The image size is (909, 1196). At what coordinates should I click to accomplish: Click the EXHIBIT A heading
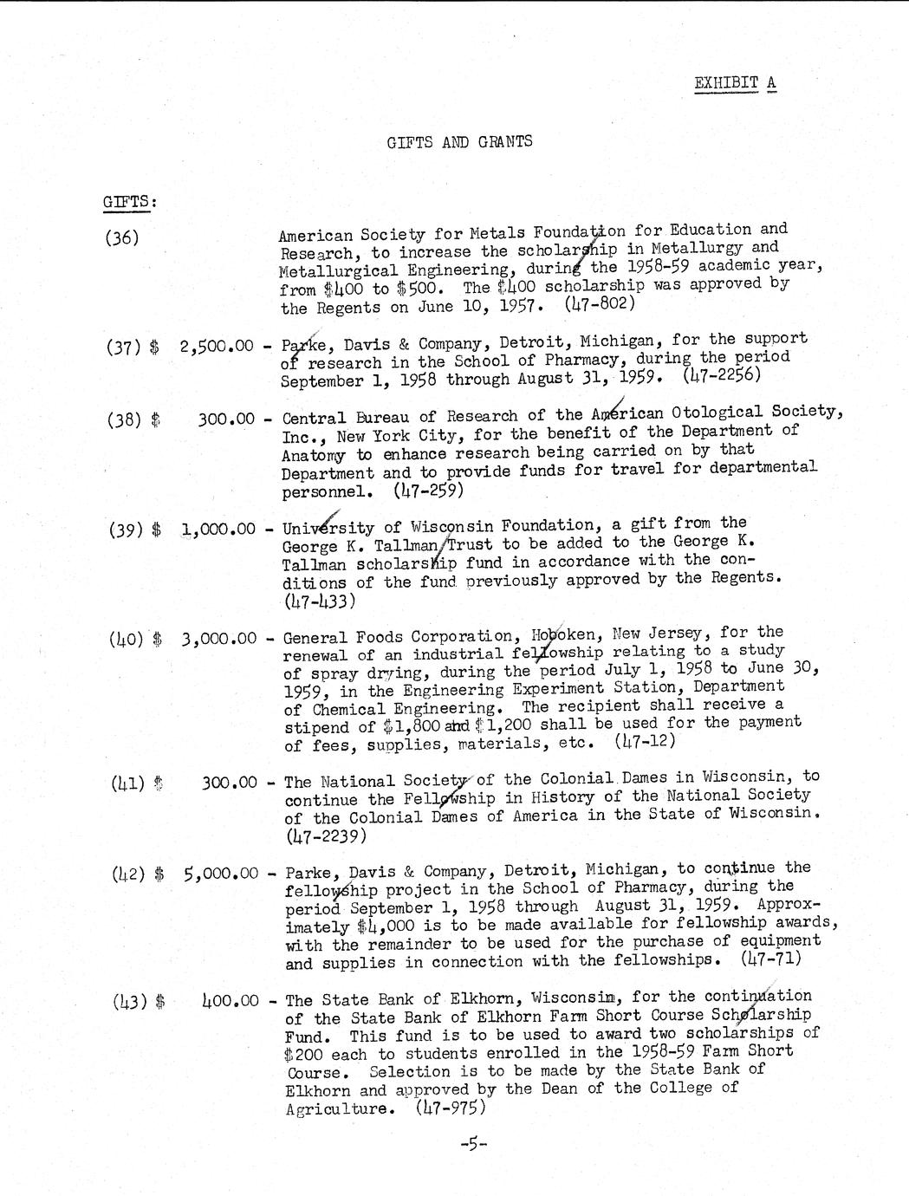tap(735, 83)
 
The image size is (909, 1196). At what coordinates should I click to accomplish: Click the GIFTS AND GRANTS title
tap(459, 142)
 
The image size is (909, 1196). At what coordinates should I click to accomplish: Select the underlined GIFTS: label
tap(129, 203)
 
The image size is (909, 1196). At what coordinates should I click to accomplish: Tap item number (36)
tap(122, 237)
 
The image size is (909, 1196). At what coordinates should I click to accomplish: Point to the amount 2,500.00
tap(217, 347)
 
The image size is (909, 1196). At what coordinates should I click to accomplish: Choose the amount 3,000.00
tap(219, 640)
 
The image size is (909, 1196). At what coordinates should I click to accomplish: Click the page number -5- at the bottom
tap(474, 1145)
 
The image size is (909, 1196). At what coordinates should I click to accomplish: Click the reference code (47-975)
tap(450, 1108)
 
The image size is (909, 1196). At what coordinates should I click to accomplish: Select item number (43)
tap(127, 1001)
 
